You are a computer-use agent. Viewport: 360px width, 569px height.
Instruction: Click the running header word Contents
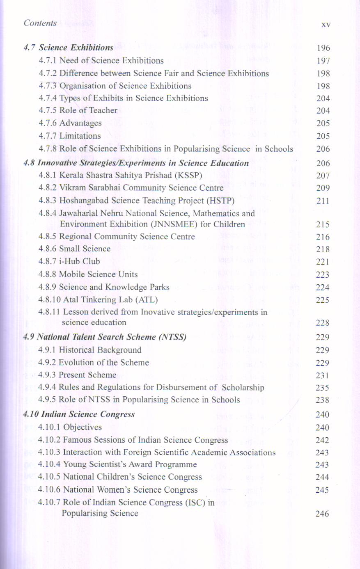point(40,23)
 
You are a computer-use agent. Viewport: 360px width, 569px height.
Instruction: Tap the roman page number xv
point(326,25)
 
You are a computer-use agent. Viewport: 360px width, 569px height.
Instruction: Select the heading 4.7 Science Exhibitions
point(68,48)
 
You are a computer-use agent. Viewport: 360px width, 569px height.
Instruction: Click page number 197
point(323,61)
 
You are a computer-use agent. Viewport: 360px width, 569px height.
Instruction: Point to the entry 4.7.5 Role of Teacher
point(78,110)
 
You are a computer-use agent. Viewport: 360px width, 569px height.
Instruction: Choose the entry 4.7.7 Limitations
point(69,136)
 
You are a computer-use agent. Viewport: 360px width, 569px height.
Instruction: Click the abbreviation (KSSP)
point(188,175)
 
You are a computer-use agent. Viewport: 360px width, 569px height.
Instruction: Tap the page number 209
point(323,188)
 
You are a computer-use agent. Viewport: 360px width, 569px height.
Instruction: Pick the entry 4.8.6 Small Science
point(74,249)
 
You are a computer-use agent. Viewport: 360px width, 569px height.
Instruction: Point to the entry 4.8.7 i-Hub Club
point(69,261)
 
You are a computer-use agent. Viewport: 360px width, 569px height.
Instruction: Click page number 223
point(323,275)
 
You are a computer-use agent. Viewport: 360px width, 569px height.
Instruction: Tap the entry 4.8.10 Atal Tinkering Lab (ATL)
point(98,300)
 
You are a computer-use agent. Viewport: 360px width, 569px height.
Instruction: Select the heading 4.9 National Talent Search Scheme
point(105,337)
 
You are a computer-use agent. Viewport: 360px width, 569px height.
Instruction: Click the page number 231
point(323,375)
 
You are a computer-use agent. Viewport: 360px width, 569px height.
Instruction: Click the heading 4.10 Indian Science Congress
point(79,414)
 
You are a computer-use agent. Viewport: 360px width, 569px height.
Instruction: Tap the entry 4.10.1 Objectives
point(70,427)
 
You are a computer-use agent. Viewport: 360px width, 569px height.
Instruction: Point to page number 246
point(322,514)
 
